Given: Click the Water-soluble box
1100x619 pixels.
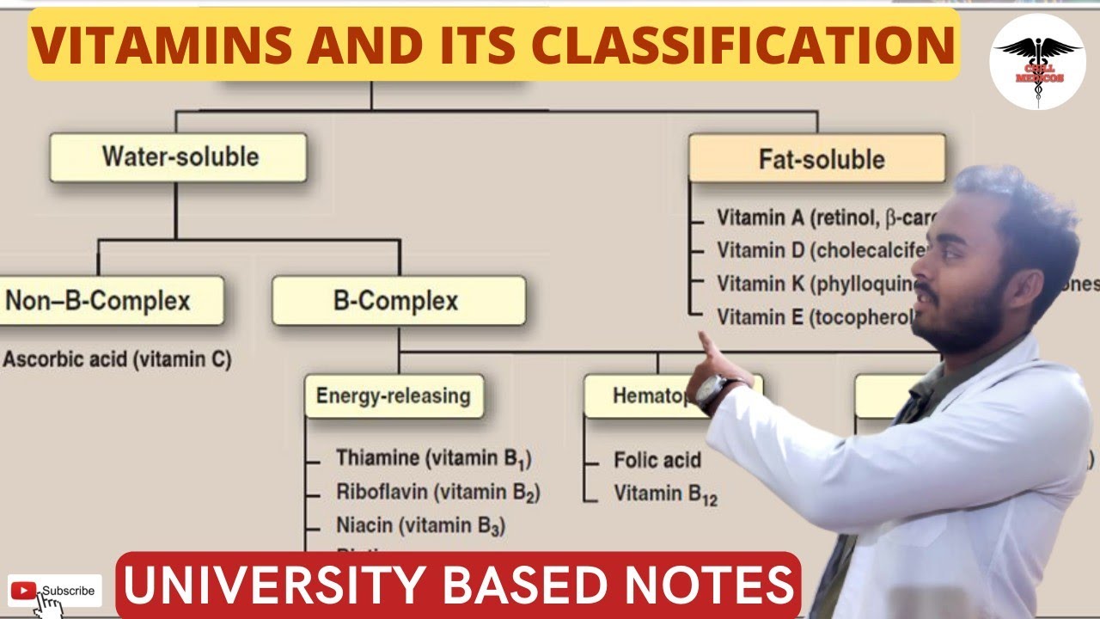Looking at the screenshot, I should coord(178,157).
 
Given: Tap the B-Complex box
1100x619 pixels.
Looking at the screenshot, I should coord(398,301).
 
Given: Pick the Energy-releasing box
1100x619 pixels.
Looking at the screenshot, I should coord(393,395).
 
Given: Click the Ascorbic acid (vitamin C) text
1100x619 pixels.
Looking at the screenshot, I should coord(117,360).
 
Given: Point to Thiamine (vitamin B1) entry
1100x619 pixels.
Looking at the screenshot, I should coord(439,458).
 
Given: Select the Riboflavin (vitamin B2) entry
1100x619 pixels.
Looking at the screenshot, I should coord(437,493).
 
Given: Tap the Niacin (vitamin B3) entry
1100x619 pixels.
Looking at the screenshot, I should coord(421,525).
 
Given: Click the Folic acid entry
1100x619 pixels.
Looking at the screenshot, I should coord(657,460).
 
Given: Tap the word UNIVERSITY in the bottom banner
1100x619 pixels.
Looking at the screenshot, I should coord(275,585).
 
